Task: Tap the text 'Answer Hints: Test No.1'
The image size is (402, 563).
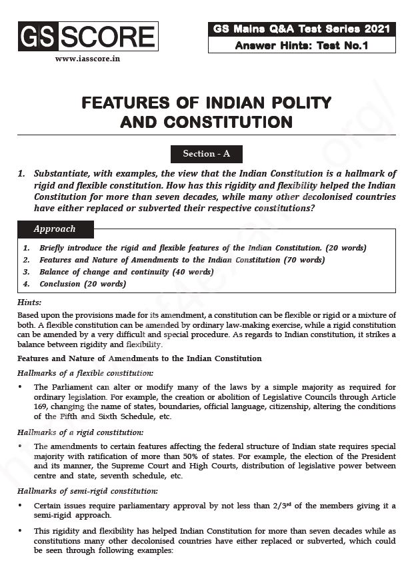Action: [301, 46]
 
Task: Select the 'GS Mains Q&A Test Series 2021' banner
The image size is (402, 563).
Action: [301, 29]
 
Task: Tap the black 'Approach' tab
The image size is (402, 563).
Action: [55, 229]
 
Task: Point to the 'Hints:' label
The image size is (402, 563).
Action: [29, 303]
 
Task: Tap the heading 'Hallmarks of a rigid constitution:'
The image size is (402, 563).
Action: [80, 432]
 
